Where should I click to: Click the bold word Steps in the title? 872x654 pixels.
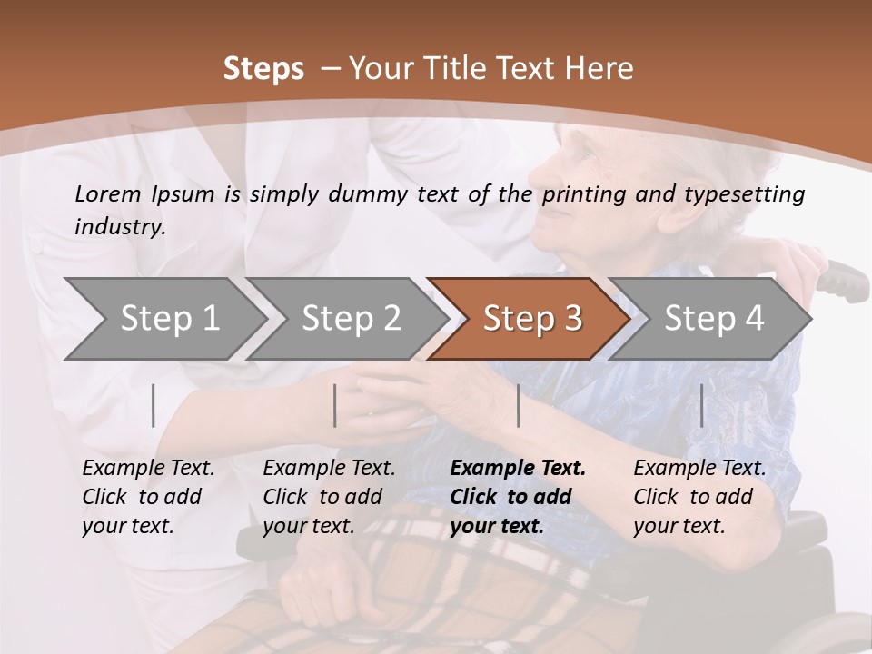point(263,69)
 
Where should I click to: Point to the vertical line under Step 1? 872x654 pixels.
point(154,405)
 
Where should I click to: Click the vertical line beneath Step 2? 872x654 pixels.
point(335,405)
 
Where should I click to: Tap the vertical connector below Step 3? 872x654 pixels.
point(518,405)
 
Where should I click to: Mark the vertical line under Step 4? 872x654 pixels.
point(701,405)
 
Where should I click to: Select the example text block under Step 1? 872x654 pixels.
point(148,497)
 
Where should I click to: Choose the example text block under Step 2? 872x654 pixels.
point(329,497)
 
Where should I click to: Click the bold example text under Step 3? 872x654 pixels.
point(518,497)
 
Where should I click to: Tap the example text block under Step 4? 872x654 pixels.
point(699,497)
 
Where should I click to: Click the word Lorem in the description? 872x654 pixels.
point(108,193)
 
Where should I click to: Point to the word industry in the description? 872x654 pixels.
point(120,227)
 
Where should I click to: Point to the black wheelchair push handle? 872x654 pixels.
point(845,282)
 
